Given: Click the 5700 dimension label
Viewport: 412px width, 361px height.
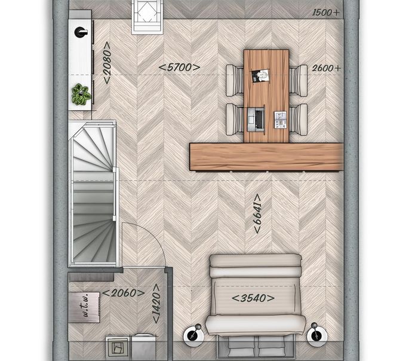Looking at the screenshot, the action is coord(180,68).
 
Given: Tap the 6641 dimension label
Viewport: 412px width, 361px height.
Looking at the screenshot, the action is coord(258,214).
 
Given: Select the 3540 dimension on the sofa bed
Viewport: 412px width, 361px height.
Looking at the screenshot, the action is coord(253,298).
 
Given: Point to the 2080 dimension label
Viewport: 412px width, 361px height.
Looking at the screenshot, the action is coord(107,63).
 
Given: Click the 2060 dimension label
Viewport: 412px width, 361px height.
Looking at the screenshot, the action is coord(124,293).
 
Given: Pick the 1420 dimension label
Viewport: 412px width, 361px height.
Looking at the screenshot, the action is coord(156,304).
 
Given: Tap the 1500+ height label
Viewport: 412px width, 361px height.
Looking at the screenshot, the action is coord(326,13).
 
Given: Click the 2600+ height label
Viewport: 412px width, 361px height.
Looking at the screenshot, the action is coord(327,68).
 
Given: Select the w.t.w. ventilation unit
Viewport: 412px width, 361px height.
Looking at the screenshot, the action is coord(84,307).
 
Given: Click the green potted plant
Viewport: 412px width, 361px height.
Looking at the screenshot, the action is coord(81,94).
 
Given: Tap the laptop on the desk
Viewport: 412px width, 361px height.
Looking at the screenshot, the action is coord(256,120).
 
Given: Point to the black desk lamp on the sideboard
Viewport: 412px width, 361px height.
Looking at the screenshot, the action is coord(81,32).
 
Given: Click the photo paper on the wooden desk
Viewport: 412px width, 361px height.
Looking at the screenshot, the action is coord(261,76).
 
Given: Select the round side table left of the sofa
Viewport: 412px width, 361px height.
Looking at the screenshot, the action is coord(194,335).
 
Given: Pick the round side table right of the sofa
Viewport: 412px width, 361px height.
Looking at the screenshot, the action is coord(317,335).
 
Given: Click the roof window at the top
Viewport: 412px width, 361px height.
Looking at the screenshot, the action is coord(146,17).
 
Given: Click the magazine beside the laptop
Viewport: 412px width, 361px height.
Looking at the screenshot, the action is coord(281,120).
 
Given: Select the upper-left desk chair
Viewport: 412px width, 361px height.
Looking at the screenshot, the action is coord(235,81).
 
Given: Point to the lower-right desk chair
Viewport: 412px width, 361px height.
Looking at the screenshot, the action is coord(298,120).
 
